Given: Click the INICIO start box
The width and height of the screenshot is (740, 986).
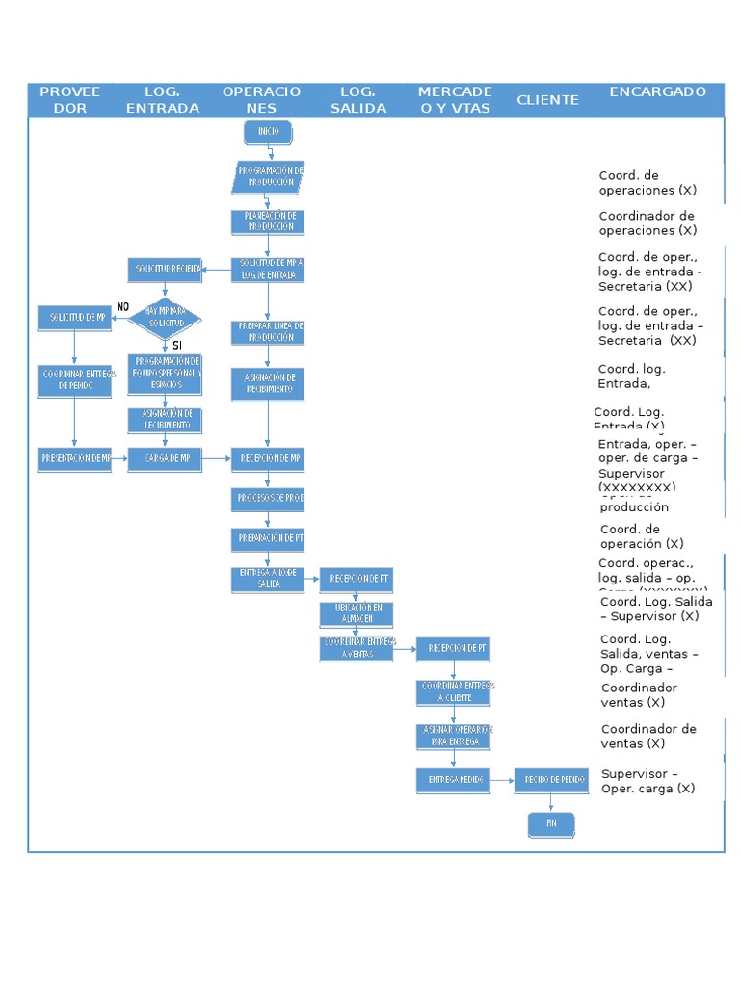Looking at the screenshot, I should click(x=268, y=131).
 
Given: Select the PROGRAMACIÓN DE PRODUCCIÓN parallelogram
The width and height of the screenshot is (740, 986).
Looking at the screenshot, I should click(x=269, y=177).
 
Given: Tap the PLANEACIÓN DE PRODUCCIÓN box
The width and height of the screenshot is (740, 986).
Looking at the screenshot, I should click(x=268, y=221).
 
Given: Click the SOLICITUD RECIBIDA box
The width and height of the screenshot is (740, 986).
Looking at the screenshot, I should click(x=166, y=269).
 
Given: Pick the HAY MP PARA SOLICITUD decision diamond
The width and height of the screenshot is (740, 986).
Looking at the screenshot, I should click(x=166, y=317).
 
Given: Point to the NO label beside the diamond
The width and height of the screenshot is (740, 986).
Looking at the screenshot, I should click(x=122, y=306).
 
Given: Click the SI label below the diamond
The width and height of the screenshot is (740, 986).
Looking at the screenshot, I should click(x=177, y=345).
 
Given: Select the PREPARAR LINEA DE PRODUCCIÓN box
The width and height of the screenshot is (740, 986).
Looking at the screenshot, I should click(x=268, y=332).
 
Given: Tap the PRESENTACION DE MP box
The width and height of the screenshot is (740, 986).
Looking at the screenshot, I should click(x=75, y=459).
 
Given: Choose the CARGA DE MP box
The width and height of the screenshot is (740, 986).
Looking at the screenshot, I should click(x=166, y=459).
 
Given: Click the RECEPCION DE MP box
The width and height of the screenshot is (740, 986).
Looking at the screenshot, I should click(x=268, y=459).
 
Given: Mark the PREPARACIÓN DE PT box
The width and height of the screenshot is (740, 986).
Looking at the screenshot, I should click(x=268, y=539).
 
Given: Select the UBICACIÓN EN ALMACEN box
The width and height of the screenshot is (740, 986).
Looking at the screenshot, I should click(x=357, y=613).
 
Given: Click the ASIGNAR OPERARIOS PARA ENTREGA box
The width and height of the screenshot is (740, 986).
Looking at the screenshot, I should click(x=453, y=737).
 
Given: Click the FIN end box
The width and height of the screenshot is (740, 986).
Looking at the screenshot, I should click(x=551, y=823).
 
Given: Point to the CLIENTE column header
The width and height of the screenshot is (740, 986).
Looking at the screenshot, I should click(x=547, y=100).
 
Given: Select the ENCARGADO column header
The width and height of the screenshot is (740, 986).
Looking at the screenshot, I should click(x=657, y=92).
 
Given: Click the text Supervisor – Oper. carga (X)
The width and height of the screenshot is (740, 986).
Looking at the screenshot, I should click(x=647, y=781).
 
